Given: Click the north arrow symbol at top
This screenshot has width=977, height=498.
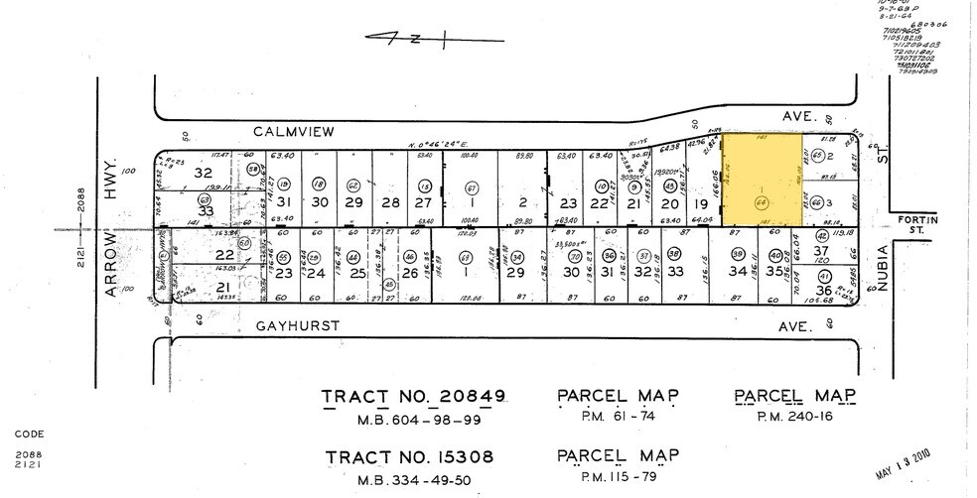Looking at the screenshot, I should click(434, 39).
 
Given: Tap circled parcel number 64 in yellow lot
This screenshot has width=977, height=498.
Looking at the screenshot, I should click(763, 202).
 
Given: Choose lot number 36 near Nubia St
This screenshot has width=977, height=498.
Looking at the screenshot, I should click(822, 291).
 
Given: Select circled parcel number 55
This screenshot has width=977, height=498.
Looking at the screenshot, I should click(283, 255).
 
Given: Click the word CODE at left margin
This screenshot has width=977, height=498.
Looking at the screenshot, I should click(30, 434).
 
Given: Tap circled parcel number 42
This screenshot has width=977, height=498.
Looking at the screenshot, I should click(821, 237).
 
